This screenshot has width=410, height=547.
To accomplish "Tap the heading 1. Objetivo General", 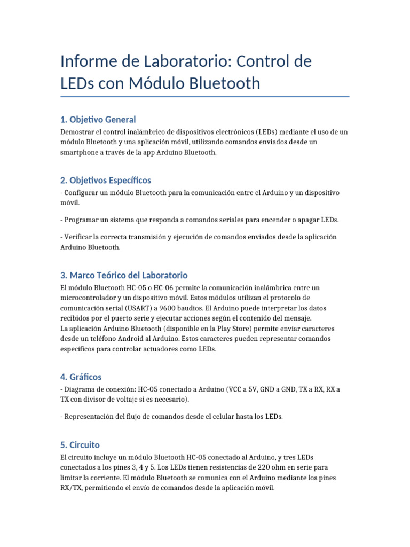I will coord(98,119).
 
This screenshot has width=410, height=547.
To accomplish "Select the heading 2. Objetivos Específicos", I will coord(106,180).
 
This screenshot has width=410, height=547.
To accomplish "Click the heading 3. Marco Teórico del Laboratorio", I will coord(124,275).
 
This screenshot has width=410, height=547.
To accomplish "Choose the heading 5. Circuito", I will coord(80,444).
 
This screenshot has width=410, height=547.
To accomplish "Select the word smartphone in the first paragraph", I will coord(78,152).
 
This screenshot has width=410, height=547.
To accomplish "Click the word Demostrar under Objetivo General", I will coord(77,132).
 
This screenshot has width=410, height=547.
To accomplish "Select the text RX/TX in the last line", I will coord(72,488).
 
